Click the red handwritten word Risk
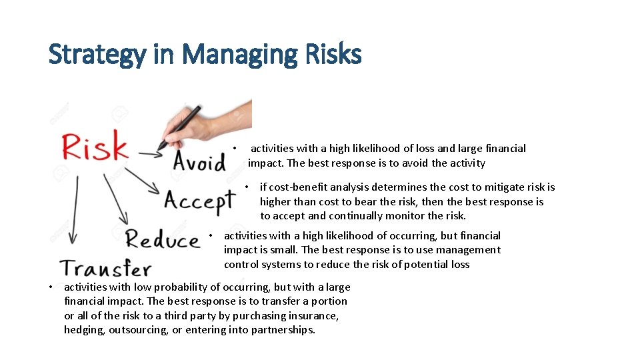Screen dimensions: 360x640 click(x=95, y=146)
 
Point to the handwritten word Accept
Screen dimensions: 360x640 click(x=199, y=200)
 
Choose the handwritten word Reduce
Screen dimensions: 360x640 click(x=163, y=239)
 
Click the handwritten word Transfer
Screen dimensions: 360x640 click(x=106, y=269)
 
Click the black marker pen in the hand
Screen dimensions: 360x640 click(x=181, y=127)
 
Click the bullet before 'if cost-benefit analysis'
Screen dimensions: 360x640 click(x=247, y=187)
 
